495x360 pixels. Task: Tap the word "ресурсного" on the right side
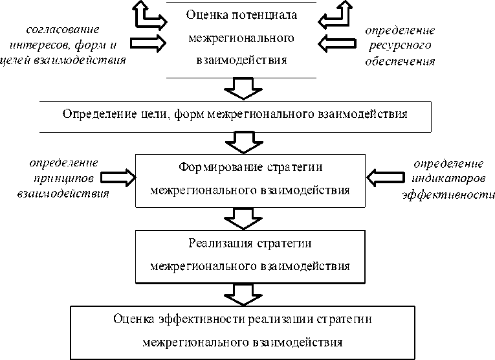(x=399, y=46)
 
